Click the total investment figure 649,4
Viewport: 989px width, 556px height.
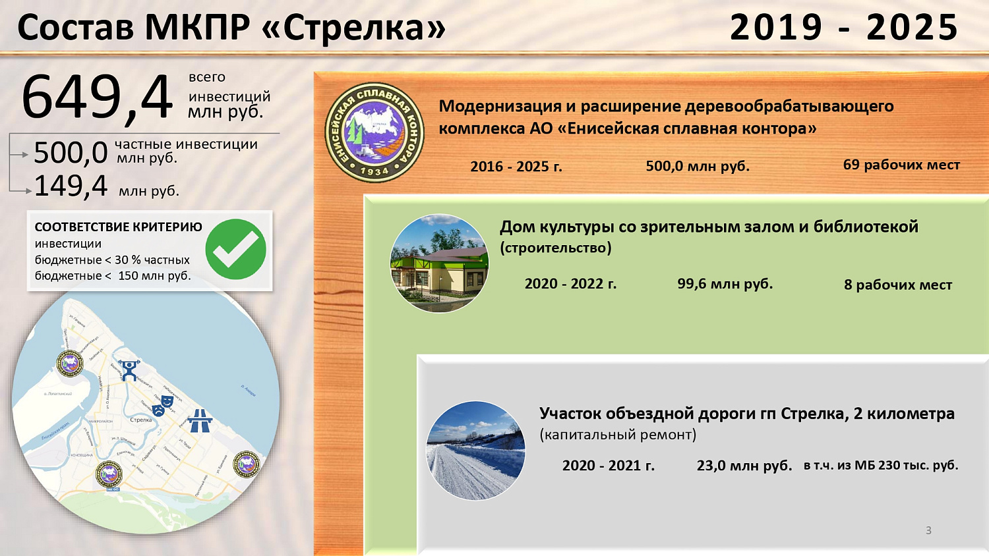point(96,97)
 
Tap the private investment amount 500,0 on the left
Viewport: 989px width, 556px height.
point(71,153)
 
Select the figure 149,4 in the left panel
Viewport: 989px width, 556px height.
point(71,186)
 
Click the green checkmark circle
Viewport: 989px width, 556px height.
point(235,250)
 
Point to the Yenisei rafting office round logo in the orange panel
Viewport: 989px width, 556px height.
point(375,132)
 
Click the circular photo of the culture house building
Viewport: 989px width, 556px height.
point(439,263)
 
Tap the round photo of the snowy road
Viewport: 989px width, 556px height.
point(475,451)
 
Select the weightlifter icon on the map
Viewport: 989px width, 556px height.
point(129,371)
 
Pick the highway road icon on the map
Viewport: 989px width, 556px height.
point(199,420)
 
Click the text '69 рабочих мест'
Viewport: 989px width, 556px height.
point(901,165)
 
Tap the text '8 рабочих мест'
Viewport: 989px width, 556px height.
point(898,285)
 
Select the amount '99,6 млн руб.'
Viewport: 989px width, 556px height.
point(725,284)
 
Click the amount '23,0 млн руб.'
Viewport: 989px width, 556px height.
point(744,466)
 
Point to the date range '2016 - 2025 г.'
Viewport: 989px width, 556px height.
point(516,167)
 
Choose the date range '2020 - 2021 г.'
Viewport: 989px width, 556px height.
point(608,466)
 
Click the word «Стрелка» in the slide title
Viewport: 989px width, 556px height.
point(354,28)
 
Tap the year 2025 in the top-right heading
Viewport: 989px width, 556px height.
point(912,28)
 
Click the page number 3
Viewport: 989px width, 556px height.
point(928,530)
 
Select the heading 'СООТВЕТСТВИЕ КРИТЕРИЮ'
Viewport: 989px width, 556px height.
point(118,227)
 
